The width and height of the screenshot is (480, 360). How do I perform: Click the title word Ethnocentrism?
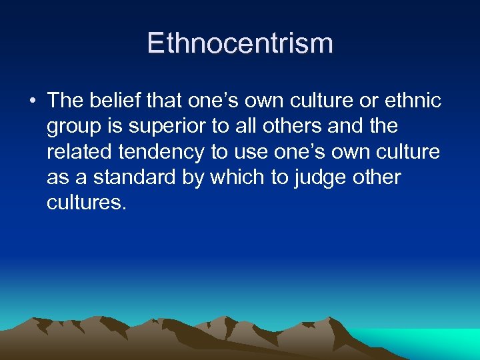pyautogui.click(x=240, y=43)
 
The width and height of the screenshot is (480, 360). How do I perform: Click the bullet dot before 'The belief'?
pyautogui.click(x=31, y=102)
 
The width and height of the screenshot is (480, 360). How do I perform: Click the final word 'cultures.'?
pyautogui.click(x=86, y=202)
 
